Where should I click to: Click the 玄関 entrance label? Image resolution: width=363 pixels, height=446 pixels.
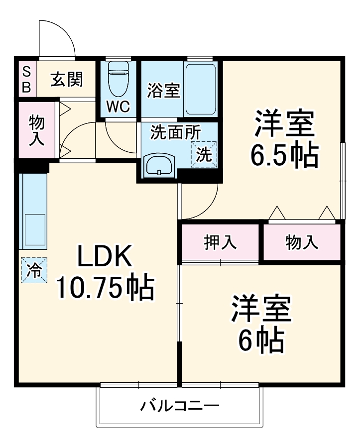point(66,79)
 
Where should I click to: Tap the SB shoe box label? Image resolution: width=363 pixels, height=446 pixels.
point(26,79)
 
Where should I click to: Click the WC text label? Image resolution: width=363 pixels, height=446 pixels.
point(119,107)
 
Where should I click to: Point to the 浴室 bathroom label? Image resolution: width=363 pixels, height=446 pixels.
point(163,91)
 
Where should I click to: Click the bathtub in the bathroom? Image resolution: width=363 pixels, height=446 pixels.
point(200,89)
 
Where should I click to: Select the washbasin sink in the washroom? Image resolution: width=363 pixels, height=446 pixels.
point(159,164)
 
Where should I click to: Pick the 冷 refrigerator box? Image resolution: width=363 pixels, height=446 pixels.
point(34,270)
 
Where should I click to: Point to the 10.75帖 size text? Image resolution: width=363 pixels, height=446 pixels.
point(104,288)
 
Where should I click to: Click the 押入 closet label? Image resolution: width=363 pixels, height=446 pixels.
point(220,242)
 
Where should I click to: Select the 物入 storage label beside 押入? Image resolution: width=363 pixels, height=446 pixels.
point(301,242)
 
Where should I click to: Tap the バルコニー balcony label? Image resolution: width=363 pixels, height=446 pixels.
point(179,406)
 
